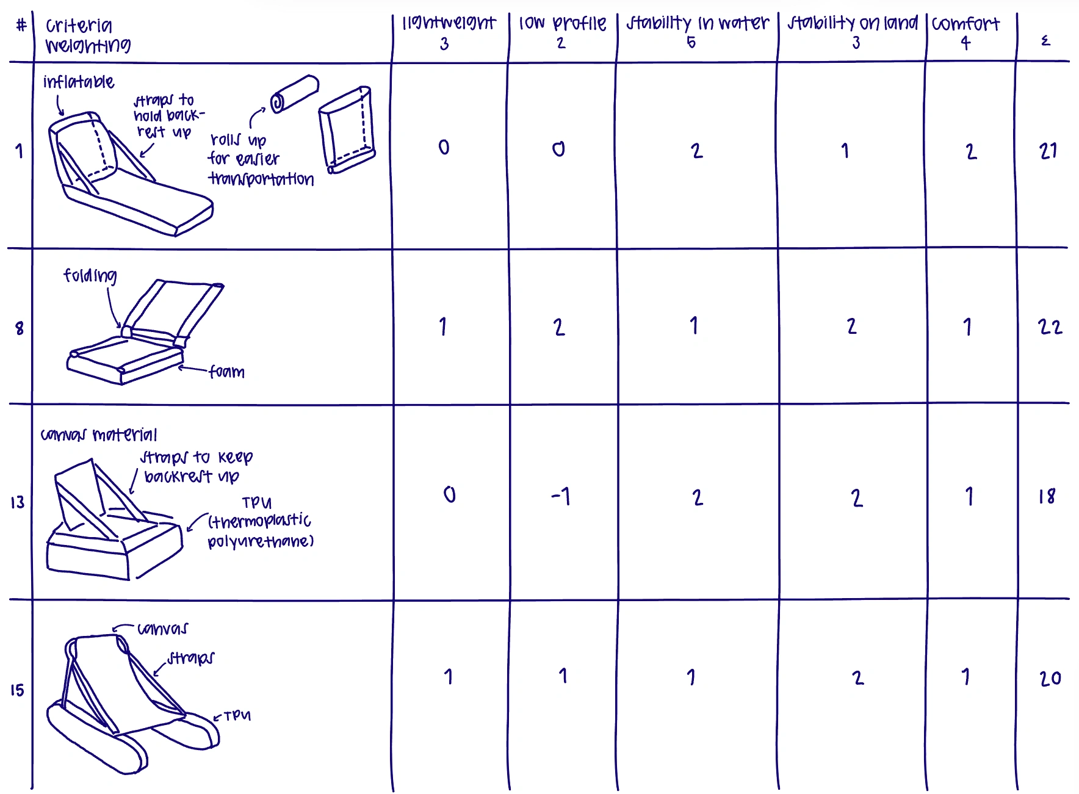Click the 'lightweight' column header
449,23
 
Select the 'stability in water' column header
698,23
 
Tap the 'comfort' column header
965,24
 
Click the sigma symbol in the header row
1045,41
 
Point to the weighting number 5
691,42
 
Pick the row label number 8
20,328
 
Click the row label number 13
17,502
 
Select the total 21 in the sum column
1048,151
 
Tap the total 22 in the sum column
1050,327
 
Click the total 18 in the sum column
1047,496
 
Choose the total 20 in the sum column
1050,678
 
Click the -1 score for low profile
560,496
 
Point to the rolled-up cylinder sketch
294,93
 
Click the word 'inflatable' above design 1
79,82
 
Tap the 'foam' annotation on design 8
226,372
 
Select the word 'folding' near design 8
90,276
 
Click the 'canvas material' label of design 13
99,435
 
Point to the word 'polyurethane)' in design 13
261,541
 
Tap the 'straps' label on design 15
190,658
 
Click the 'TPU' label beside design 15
237,716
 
